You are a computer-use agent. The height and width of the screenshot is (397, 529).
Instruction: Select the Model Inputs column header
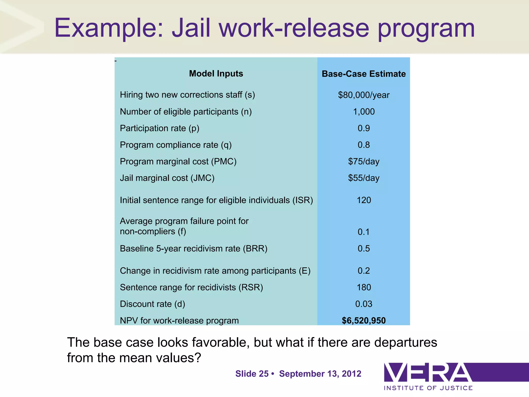(216, 74)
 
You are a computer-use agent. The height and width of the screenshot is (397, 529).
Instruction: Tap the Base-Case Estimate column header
(363, 74)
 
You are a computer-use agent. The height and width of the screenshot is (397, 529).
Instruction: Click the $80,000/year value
(363, 95)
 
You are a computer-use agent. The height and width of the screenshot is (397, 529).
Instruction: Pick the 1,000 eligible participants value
(363, 112)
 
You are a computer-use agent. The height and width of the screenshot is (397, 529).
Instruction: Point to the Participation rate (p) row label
(159, 128)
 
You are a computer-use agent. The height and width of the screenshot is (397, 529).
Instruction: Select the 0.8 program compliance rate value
(363, 145)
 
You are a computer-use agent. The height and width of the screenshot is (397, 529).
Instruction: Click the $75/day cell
(363, 162)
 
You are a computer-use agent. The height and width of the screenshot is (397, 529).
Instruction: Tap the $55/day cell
(363, 178)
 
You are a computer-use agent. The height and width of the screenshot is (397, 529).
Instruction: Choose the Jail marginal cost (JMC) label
(167, 178)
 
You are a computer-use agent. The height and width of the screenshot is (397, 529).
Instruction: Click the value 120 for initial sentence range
(363, 200)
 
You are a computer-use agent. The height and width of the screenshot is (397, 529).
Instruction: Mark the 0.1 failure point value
(363, 232)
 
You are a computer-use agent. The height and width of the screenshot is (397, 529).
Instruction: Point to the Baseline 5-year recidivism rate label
(193, 248)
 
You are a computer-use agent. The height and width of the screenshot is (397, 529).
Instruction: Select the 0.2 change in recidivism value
(363, 271)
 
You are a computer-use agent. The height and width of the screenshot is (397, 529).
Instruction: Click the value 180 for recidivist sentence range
(363, 287)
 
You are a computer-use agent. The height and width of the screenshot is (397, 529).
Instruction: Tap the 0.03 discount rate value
(363, 304)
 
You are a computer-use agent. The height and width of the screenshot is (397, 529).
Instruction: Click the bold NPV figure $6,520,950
(363, 320)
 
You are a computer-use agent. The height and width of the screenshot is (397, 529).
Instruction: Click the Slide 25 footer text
(252, 374)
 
